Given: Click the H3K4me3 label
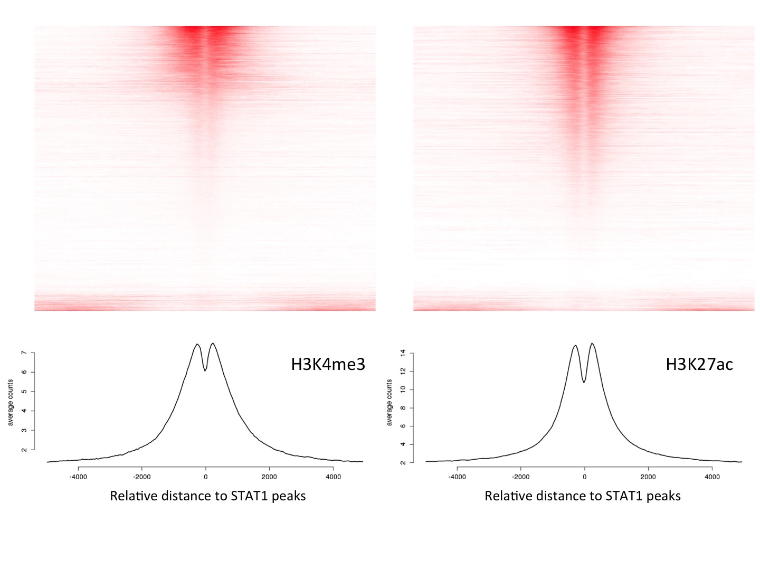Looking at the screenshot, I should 328,364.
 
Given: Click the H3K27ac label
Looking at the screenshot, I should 699,364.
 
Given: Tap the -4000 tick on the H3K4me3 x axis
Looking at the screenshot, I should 79,477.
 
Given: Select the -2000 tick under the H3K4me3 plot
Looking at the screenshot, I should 142,477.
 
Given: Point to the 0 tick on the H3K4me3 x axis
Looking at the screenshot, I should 206,477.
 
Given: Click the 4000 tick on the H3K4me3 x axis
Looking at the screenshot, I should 333,477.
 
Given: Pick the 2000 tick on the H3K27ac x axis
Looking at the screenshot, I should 648,477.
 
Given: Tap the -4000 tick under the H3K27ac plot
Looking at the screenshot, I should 457,477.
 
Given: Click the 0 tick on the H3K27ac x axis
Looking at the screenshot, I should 584,477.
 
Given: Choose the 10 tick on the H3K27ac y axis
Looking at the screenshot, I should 403,389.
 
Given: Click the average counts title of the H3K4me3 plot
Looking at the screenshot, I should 11,402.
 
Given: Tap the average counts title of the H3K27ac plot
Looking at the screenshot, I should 389,402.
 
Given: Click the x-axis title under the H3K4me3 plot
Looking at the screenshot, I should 207,496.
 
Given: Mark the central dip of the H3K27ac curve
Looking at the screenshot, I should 584,382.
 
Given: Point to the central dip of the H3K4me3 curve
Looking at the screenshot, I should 205,370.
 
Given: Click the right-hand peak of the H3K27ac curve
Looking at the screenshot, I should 592,344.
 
